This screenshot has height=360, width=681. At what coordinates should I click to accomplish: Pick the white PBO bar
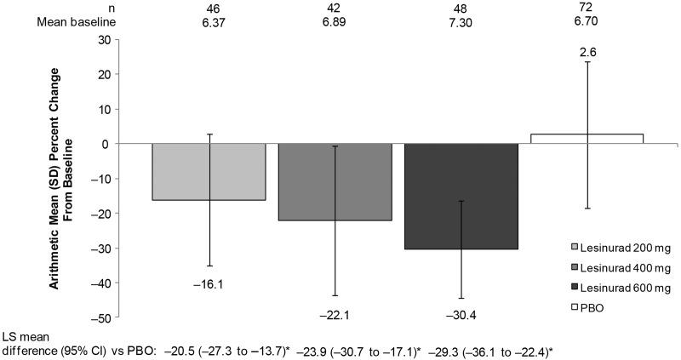(x=587, y=139)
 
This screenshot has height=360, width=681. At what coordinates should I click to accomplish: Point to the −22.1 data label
(x=335, y=314)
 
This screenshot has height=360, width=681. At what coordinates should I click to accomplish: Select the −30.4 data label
(x=461, y=315)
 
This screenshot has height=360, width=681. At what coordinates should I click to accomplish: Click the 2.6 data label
(x=588, y=53)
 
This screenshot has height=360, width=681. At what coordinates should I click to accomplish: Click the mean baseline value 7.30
(x=461, y=23)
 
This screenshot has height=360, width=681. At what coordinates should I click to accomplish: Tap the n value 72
(x=587, y=8)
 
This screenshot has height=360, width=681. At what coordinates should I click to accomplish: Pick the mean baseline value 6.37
(x=209, y=23)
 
